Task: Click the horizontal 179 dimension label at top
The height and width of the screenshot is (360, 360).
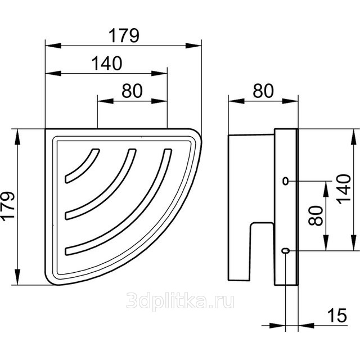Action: [124, 35]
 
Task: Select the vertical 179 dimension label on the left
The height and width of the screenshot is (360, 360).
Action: [8, 206]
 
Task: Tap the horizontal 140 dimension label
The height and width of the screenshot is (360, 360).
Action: [107, 63]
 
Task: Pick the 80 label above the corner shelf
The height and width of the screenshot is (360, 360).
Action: [132, 91]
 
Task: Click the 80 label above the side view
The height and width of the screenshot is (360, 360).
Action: [263, 91]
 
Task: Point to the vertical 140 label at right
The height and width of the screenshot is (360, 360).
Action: [344, 190]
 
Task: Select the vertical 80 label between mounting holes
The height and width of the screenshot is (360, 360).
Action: [316, 216]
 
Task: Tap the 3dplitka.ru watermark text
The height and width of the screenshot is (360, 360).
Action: [180, 300]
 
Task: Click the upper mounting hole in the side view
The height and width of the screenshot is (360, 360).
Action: [285, 181]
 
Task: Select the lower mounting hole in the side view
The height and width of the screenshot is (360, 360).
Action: [285, 250]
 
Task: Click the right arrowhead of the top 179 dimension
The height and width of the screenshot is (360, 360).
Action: [193, 46]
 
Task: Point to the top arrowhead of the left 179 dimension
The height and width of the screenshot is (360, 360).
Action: [17, 137]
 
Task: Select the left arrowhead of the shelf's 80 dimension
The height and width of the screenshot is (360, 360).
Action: [105, 101]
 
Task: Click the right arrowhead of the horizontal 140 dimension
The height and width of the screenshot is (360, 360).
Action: [159, 74]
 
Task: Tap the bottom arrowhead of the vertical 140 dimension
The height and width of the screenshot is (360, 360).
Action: [354, 242]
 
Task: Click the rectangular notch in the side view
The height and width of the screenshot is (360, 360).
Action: [262, 251]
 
